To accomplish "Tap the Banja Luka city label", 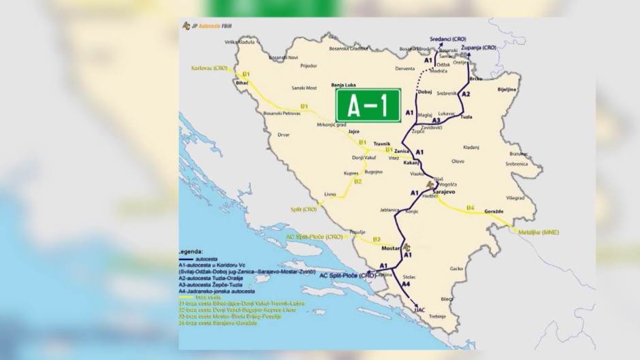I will click(344, 85).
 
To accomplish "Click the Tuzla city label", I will click(466, 117).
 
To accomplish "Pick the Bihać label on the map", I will click(242, 83).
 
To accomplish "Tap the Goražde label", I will click(493, 212).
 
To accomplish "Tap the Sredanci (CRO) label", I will click(453, 39).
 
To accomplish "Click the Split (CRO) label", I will click(304, 210).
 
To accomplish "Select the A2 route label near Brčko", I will click(466, 94).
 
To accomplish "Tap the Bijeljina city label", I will click(508, 89).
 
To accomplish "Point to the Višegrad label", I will click(515, 197).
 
